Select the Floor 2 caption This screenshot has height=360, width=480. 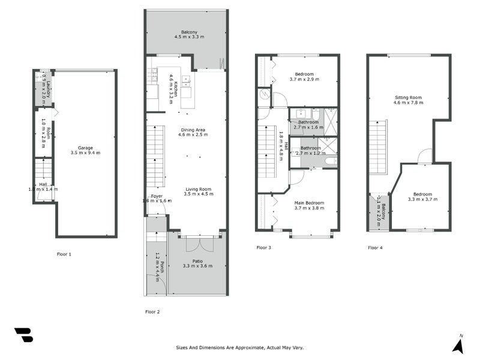[x=153, y=312]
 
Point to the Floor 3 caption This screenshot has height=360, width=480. [x=264, y=248]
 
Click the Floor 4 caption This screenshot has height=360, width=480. [x=375, y=248]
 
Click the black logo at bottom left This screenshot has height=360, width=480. [x=23, y=335]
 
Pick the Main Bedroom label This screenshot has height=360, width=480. [x=309, y=203]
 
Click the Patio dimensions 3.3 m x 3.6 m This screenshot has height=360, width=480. [x=198, y=266]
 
